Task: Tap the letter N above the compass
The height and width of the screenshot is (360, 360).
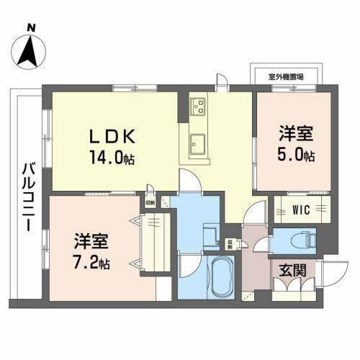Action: [x=31, y=29]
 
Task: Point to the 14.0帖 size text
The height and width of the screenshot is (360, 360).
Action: [x=114, y=158]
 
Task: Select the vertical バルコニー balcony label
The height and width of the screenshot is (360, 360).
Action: [x=26, y=194]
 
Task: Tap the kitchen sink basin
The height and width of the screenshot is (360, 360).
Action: [x=197, y=147]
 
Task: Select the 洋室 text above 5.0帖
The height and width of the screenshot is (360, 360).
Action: [x=296, y=134]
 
